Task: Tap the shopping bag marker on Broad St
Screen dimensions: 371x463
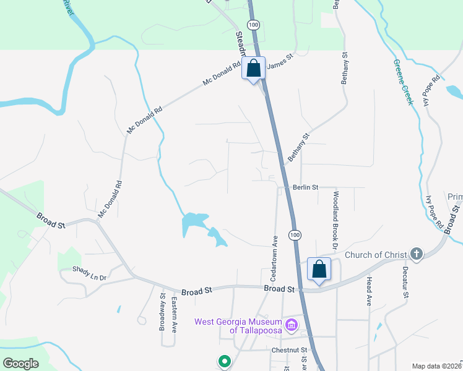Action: tap(319, 270)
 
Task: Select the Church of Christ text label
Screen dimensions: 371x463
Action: tap(375, 255)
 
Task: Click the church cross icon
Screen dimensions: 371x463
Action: tap(417, 254)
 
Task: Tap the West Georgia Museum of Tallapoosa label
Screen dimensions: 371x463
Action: tap(238, 326)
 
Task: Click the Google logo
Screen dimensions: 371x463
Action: tap(20, 364)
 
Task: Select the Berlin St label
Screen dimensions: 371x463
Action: tap(305, 187)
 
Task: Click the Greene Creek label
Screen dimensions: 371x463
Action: tap(403, 82)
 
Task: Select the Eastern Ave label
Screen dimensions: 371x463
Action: tap(175, 315)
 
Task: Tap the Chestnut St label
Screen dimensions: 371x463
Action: tap(289, 351)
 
